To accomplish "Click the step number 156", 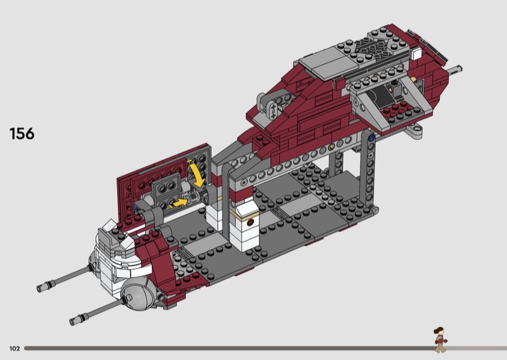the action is (x=22, y=134).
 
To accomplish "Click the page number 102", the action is (x=15, y=349).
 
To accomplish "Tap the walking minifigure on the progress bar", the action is (x=440, y=340).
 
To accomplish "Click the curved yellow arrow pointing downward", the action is (x=197, y=175).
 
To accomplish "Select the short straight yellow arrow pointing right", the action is (x=179, y=203).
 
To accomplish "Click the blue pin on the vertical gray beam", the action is (x=371, y=138).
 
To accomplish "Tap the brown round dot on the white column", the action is (x=250, y=222).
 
